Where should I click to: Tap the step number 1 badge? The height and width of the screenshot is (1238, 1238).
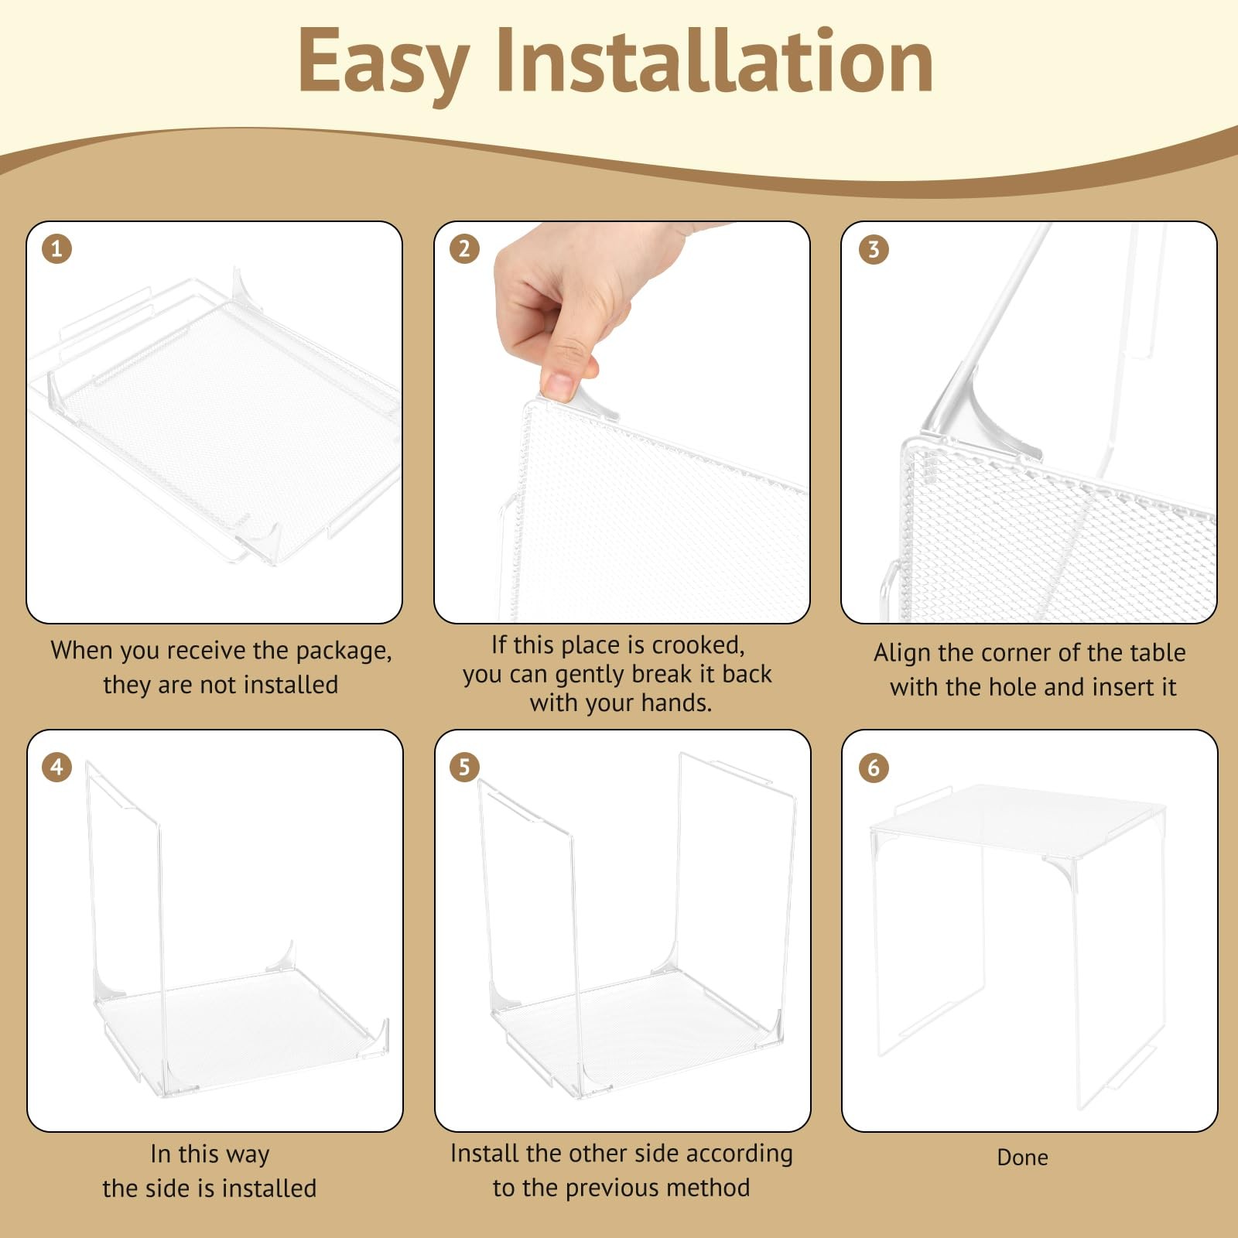(x=56, y=249)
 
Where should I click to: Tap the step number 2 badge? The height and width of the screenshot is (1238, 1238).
(x=464, y=248)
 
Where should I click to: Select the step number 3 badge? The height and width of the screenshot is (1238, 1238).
(x=874, y=249)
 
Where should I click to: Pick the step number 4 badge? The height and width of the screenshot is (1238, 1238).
(x=56, y=767)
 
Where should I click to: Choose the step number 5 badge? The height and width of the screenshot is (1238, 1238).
(x=464, y=767)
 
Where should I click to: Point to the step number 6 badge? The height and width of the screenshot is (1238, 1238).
(x=874, y=767)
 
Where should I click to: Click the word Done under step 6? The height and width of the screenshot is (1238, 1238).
(x=1022, y=1158)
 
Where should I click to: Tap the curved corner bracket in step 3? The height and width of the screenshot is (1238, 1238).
(x=975, y=418)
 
